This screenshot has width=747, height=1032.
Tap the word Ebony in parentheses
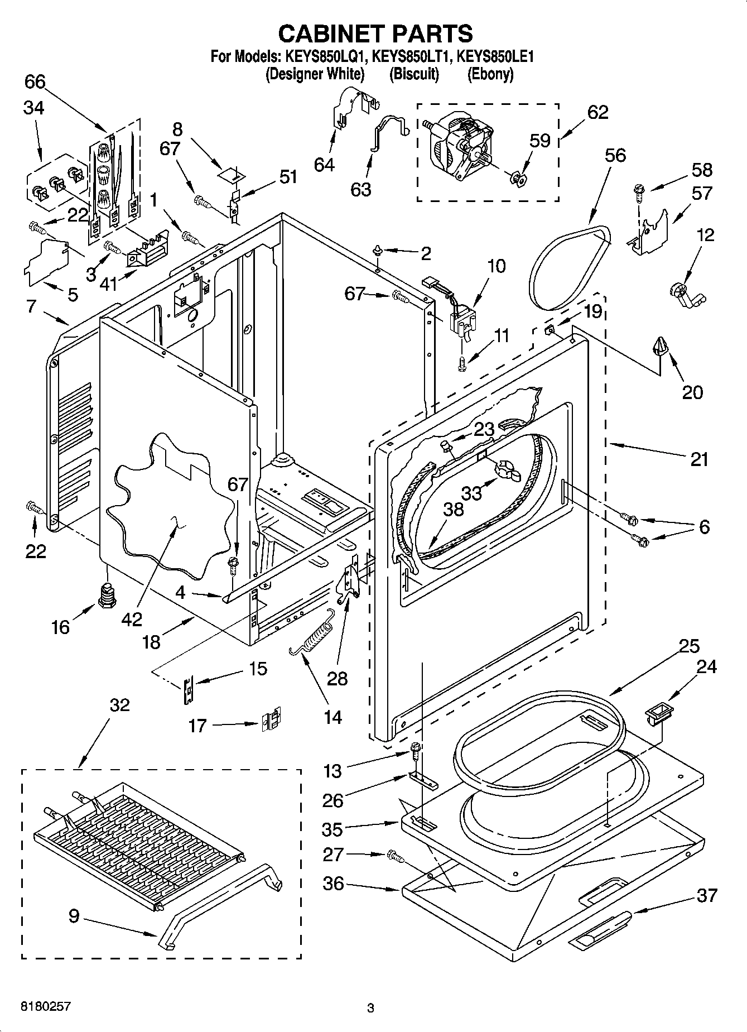coord(490,74)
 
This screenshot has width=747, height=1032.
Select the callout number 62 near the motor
coord(597,112)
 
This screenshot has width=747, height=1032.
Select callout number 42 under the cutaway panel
coord(132,619)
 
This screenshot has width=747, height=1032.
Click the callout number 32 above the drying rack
coord(119,705)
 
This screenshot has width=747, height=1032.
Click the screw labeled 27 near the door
coord(395,855)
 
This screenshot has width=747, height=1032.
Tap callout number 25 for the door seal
coord(689,646)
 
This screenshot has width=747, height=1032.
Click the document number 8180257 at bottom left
coord(46,1006)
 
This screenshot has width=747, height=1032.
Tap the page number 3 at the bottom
coord(370,1008)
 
